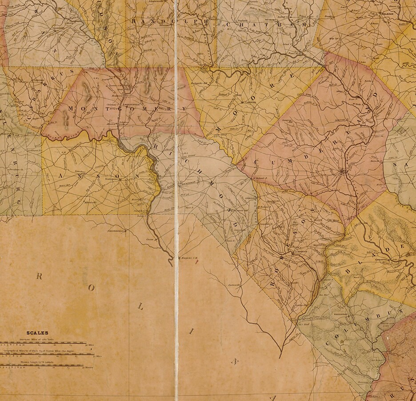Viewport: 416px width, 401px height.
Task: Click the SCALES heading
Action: [x=37, y=333]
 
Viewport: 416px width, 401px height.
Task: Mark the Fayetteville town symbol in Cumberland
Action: [x=342, y=171]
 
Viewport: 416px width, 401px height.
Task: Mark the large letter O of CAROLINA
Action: [x=92, y=288]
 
